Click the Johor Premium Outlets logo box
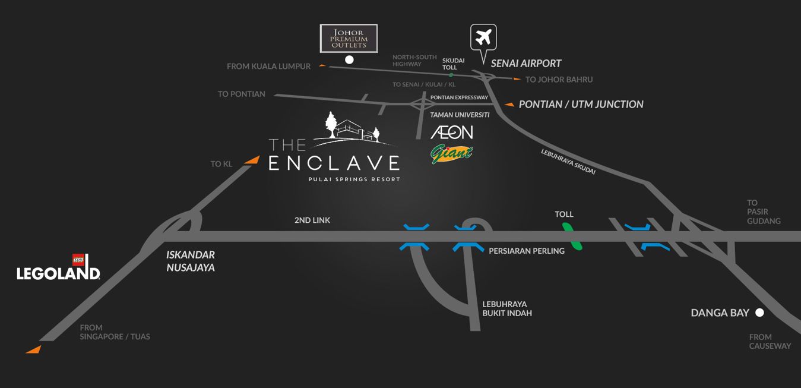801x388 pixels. (349, 38)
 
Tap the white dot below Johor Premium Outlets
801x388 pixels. (349, 59)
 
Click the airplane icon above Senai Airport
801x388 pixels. (483, 37)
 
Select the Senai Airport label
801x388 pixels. (525, 64)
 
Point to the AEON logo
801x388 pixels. (452, 132)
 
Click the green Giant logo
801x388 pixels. (451, 153)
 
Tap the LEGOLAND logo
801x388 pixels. (58, 269)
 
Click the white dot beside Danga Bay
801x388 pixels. (759, 313)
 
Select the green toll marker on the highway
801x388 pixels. (572, 236)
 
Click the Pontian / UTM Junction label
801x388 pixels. (581, 105)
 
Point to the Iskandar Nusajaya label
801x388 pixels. (191, 261)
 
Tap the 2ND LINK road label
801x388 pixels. (312, 220)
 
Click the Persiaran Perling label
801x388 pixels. (526, 251)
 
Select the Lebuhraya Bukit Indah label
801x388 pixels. (507, 309)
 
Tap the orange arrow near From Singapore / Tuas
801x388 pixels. (34, 349)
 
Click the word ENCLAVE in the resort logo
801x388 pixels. (334, 163)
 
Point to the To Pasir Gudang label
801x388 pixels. (764, 212)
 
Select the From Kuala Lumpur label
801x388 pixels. (268, 67)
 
